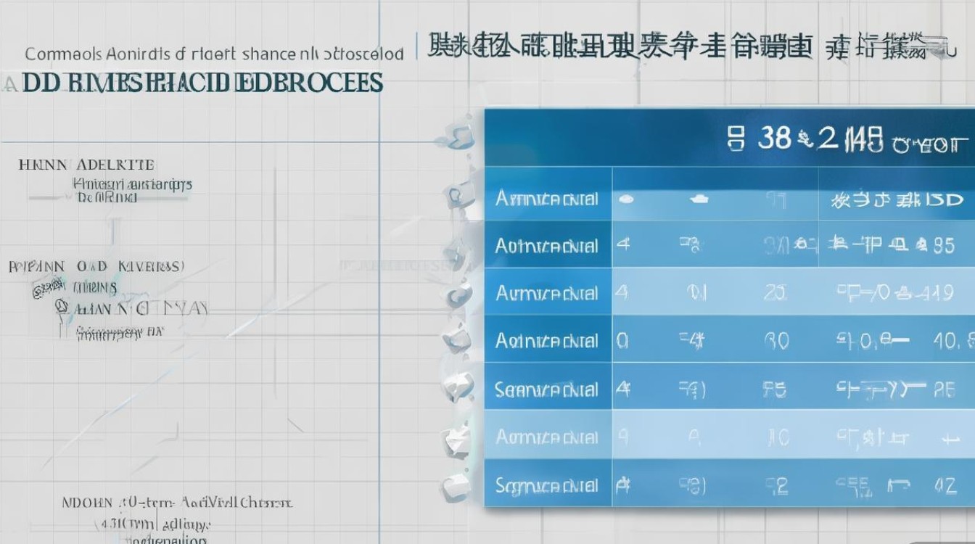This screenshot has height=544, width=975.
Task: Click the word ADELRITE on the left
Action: (115, 165)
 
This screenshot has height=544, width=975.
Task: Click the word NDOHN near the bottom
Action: (87, 502)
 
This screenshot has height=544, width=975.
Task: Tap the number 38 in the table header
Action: (773, 138)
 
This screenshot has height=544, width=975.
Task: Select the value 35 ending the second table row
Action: (944, 246)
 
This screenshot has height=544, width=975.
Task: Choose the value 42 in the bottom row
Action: (945, 485)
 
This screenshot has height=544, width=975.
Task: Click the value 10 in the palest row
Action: (778, 437)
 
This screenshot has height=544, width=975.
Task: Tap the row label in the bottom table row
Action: (546, 485)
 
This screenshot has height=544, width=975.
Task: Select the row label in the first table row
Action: (546, 198)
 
